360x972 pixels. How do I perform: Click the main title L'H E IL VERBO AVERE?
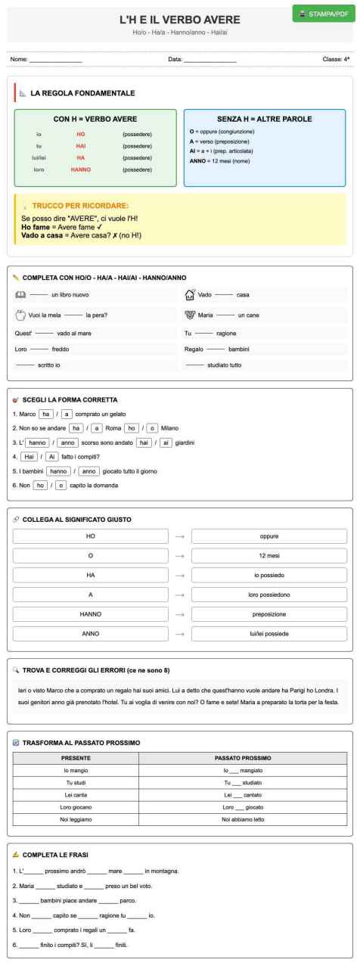click(180, 19)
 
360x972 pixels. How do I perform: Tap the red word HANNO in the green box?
click(80, 170)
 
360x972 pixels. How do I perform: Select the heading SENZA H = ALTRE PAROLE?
click(265, 119)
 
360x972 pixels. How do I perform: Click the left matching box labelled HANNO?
click(91, 614)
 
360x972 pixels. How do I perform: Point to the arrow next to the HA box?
click(179, 575)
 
